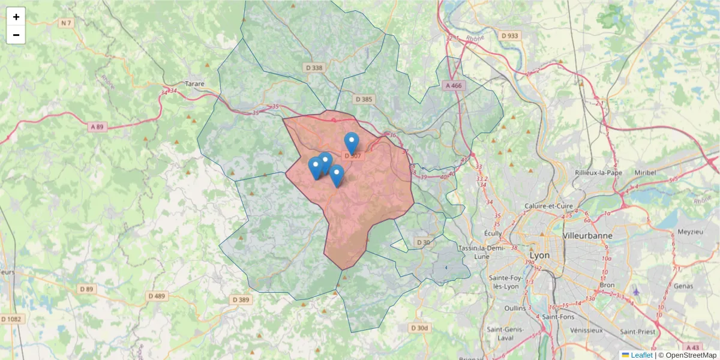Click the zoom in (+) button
(x=16, y=17)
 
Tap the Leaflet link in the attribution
(x=641, y=355)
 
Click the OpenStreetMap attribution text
(x=687, y=355)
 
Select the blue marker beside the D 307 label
(x=352, y=143)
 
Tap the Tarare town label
(x=194, y=84)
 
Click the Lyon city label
(x=539, y=254)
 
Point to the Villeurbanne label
(x=588, y=236)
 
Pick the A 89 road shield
(x=97, y=127)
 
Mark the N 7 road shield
(x=66, y=23)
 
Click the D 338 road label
(x=313, y=68)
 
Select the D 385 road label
(x=364, y=99)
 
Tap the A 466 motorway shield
(x=454, y=86)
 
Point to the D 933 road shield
(x=509, y=35)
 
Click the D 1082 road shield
(x=13, y=319)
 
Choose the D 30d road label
(x=419, y=328)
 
